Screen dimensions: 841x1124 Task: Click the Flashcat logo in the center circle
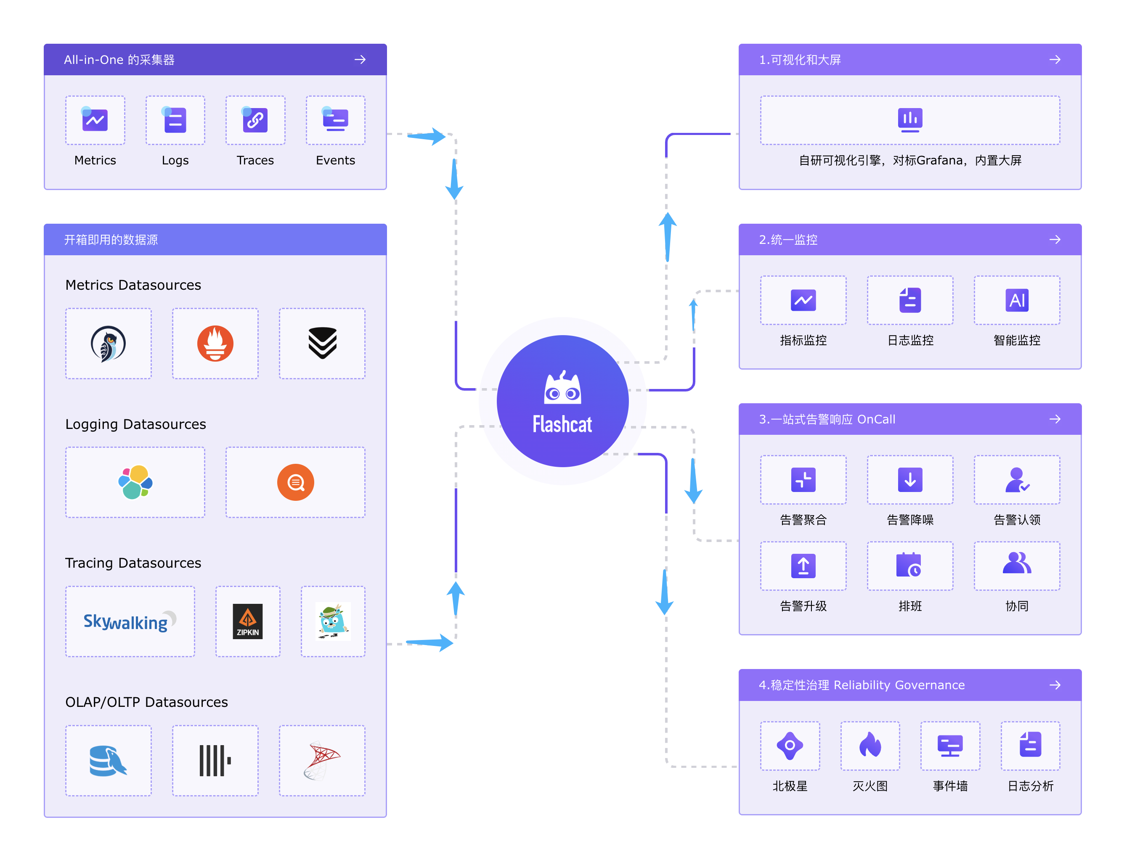point(562,401)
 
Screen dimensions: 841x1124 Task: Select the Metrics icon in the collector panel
point(95,120)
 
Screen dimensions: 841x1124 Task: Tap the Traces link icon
point(255,120)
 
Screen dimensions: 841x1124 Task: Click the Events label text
point(335,161)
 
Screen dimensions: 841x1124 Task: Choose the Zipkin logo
point(247,621)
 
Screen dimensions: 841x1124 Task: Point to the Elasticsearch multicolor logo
point(135,482)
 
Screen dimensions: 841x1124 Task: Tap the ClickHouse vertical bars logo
point(215,760)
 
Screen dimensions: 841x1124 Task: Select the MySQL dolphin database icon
point(108,760)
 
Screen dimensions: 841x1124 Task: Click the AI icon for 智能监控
point(1017,300)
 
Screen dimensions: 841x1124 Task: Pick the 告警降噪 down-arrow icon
point(909,480)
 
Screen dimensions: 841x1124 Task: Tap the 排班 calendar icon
point(909,565)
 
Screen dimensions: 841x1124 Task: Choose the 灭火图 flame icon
point(870,746)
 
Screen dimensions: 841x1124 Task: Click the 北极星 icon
point(790,746)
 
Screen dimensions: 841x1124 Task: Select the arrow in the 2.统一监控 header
point(1055,239)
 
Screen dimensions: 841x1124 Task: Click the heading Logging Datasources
point(136,424)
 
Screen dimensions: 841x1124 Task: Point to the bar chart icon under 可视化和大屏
point(909,120)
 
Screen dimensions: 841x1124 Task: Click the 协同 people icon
point(1017,564)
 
